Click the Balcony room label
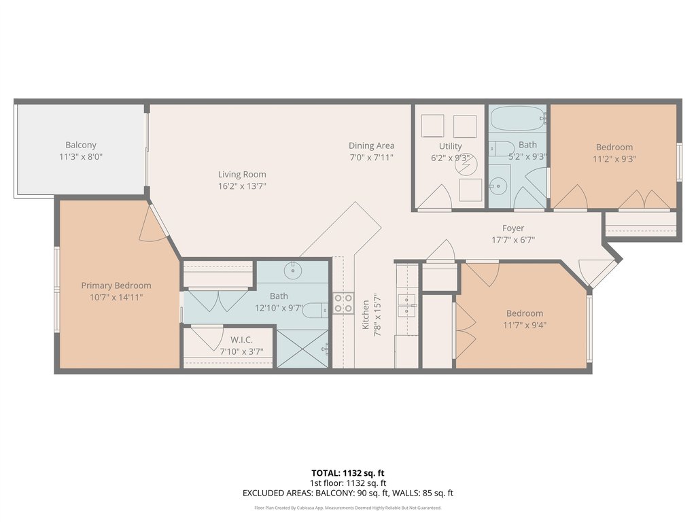(x=81, y=145)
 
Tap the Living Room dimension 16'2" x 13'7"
(x=242, y=186)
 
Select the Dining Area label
(x=372, y=145)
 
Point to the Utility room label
(x=450, y=146)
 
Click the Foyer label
(x=513, y=228)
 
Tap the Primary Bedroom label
(x=116, y=285)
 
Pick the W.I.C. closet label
(x=241, y=340)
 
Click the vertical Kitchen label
(x=366, y=315)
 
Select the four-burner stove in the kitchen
(x=343, y=303)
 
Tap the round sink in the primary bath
(x=293, y=271)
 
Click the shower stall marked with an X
(x=302, y=349)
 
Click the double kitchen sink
(x=407, y=305)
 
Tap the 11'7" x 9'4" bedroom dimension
(x=525, y=325)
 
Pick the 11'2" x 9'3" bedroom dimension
(x=614, y=158)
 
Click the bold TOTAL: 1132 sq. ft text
(x=348, y=473)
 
